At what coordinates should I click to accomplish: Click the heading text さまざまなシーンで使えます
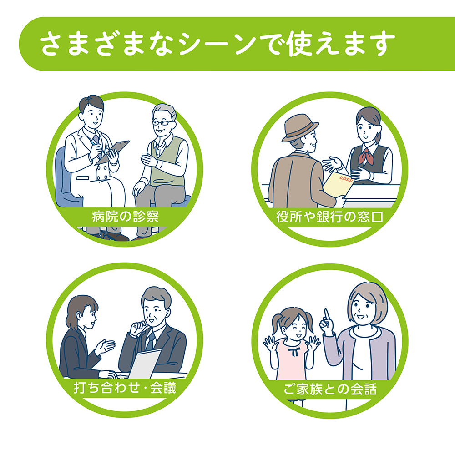218,44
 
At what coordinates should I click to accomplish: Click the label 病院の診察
126,217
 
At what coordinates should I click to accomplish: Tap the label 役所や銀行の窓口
329,217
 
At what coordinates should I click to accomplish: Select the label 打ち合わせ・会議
125,388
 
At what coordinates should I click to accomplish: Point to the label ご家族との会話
330,389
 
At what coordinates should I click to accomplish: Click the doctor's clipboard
112,152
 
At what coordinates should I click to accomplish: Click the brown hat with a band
300,128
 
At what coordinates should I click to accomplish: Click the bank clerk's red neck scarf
364,156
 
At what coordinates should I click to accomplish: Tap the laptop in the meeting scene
145,364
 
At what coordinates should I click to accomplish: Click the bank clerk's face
366,129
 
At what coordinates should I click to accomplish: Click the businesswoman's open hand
105,346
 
